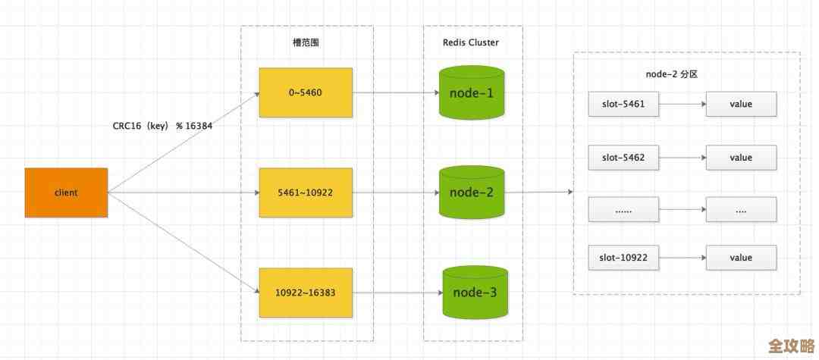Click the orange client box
[66, 193]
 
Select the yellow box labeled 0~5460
[305, 92]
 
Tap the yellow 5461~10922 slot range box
[305, 193]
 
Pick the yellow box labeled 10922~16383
[305, 293]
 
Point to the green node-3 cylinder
[475, 293]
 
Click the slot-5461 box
[623, 105]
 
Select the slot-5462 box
[623, 158]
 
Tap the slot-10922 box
[623, 258]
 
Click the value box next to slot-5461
[741, 105]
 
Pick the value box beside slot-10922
[741, 258]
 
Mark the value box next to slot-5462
[741, 158]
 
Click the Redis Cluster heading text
[472, 42]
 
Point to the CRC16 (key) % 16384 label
[162, 126]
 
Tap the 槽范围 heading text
[306, 42]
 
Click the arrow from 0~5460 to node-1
[396, 93]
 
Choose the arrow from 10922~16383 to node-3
[397, 293]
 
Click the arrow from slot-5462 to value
[682, 158]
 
